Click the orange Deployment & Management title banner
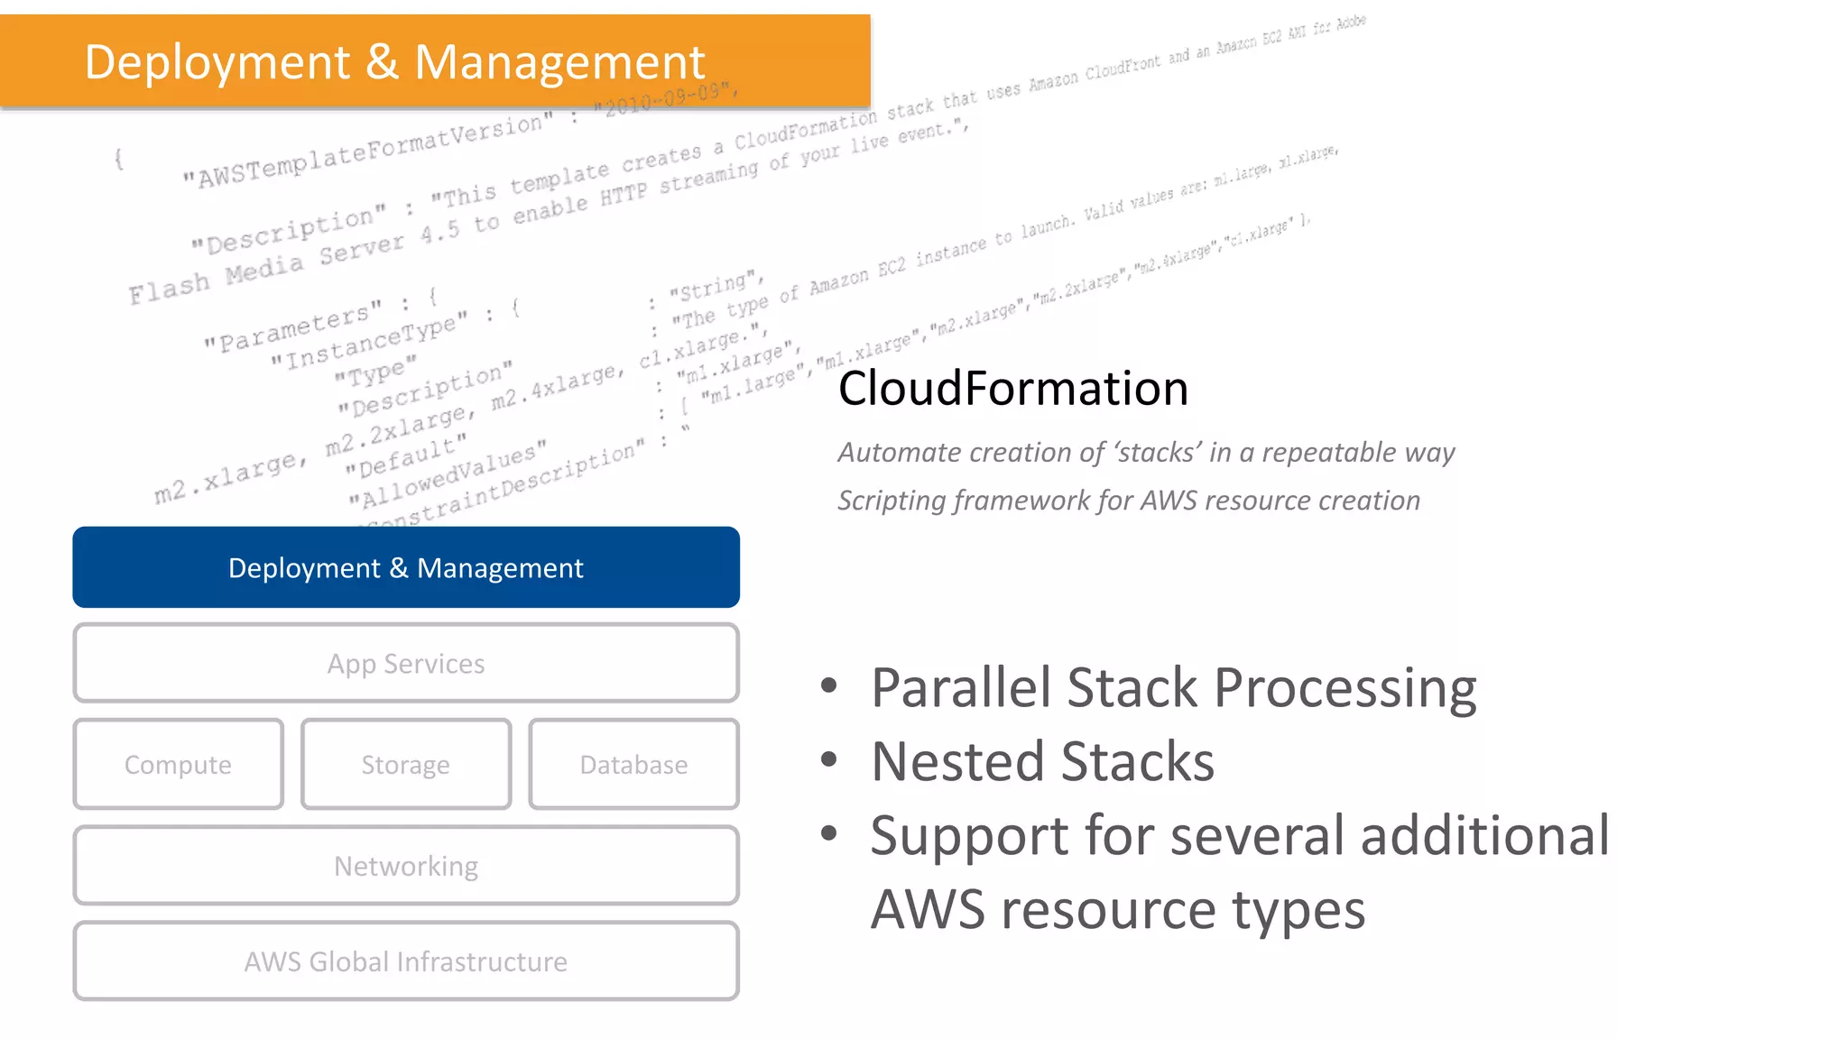click(x=435, y=61)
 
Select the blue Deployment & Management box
click(x=406, y=567)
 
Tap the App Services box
click(x=406, y=663)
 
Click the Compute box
click(x=178, y=764)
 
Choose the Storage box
click(x=406, y=764)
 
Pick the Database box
click(x=633, y=764)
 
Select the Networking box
click(x=406, y=865)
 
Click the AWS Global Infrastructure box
click(x=406, y=961)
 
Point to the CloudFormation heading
click(x=1012, y=389)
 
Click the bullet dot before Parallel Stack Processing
click(x=828, y=686)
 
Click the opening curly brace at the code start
click(x=118, y=160)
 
